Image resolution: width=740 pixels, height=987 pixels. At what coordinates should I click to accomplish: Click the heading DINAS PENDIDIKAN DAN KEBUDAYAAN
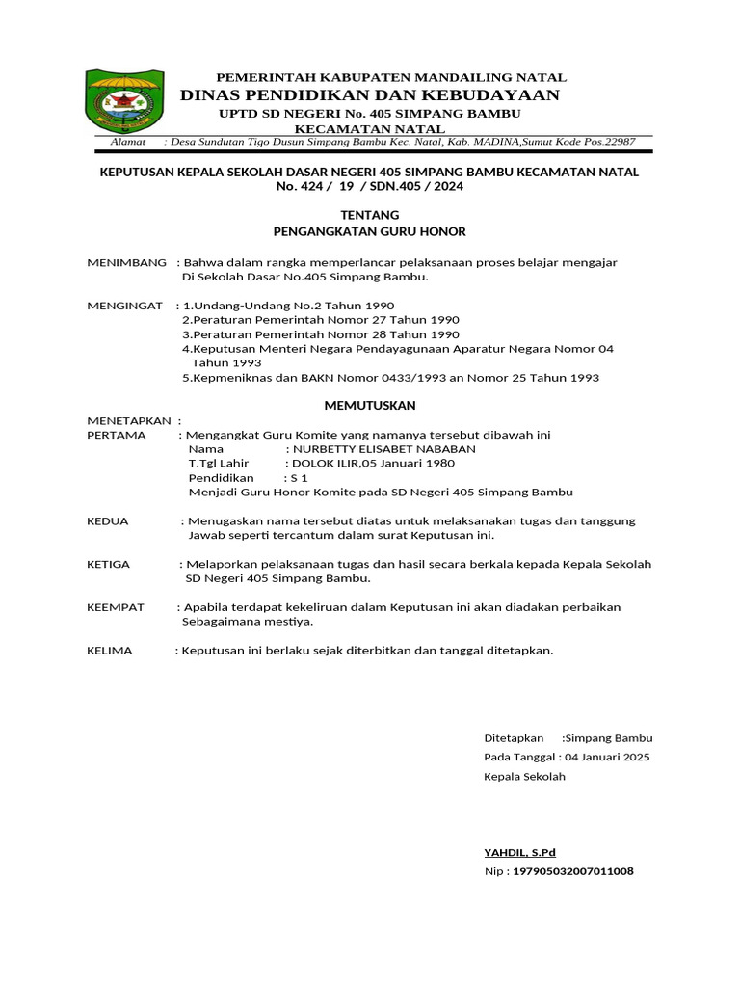(x=369, y=94)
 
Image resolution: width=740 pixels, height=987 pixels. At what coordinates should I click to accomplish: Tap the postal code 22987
(x=618, y=142)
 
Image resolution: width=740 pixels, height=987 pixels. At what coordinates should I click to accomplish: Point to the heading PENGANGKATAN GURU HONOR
(x=370, y=231)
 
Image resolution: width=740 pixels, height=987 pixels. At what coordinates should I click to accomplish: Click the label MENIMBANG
(x=126, y=262)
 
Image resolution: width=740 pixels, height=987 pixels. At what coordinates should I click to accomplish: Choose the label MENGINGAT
(x=125, y=305)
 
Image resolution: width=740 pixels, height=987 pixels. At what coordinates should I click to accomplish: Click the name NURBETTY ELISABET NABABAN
(x=384, y=448)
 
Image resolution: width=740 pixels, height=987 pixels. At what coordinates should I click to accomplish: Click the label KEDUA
(x=108, y=520)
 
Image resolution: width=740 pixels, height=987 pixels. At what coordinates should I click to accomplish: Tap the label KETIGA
(x=109, y=564)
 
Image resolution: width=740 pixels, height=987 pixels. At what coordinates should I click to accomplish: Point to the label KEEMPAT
(x=116, y=607)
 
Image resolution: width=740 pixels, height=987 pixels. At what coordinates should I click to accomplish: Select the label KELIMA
(x=110, y=651)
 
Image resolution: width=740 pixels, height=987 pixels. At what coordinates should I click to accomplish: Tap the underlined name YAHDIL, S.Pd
(x=519, y=852)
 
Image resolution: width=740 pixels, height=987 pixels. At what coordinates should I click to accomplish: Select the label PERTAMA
(x=117, y=435)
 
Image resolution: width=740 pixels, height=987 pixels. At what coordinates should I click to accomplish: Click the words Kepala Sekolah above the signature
(x=524, y=776)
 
